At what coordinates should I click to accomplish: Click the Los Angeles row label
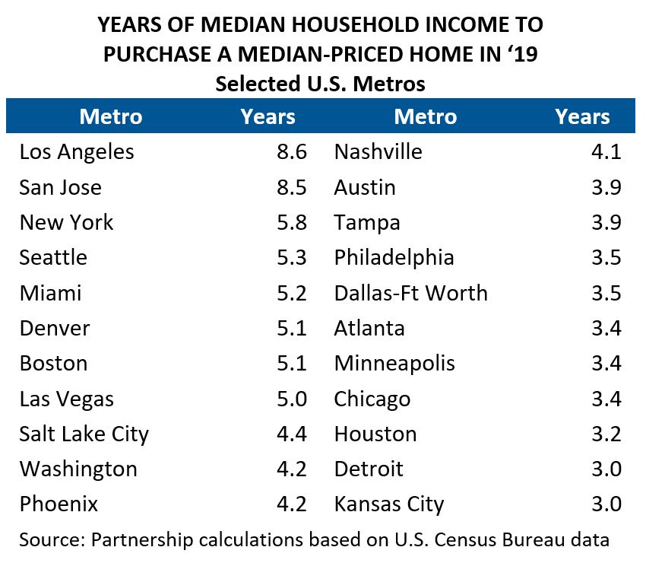[x=77, y=152]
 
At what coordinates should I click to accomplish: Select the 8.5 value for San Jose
[x=292, y=187]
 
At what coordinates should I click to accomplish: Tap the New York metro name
[x=66, y=223]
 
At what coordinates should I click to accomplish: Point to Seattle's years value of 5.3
[x=292, y=258]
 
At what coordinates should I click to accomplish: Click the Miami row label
[x=50, y=293]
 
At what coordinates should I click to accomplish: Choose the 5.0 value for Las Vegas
[x=292, y=399]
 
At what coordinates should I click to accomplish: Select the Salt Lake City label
[x=84, y=434]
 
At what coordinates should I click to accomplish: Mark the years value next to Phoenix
[x=292, y=504]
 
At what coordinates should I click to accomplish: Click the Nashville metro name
[x=378, y=152]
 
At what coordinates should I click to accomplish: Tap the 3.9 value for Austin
[x=606, y=187]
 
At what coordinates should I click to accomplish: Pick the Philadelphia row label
[x=394, y=258]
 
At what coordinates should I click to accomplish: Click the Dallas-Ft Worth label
[x=410, y=293]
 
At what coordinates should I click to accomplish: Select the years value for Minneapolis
[x=606, y=364]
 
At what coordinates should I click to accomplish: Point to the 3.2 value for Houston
[x=606, y=434]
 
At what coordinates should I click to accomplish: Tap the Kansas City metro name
[x=389, y=504]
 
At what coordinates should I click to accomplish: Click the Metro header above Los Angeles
[x=111, y=116]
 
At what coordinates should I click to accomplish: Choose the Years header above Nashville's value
[x=582, y=116]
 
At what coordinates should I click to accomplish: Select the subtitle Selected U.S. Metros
[x=320, y=83]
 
